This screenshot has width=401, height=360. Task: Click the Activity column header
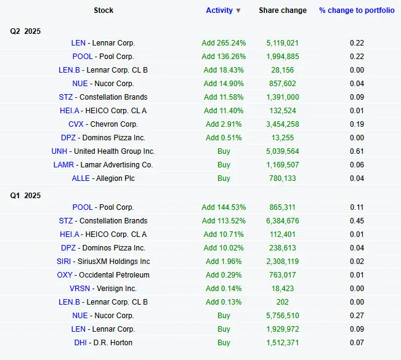219,10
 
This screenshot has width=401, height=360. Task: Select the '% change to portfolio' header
357,10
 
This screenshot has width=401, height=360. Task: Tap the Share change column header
283,10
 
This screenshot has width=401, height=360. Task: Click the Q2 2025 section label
25,31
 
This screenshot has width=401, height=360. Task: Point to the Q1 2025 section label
25,196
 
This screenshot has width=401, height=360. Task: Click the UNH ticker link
60,151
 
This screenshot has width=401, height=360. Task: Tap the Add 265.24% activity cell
224,43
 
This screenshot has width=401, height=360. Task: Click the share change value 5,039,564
283,151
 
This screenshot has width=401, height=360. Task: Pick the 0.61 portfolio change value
357,151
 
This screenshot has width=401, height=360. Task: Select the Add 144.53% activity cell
224,207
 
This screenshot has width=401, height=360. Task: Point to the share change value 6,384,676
283,221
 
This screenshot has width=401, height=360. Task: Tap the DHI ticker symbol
80,343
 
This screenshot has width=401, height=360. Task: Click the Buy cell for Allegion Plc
224,178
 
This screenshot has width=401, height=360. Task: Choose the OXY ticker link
65,275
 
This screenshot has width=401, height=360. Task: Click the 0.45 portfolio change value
357,221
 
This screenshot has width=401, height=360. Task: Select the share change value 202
283,302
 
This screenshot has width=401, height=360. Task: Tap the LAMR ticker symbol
64,165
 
